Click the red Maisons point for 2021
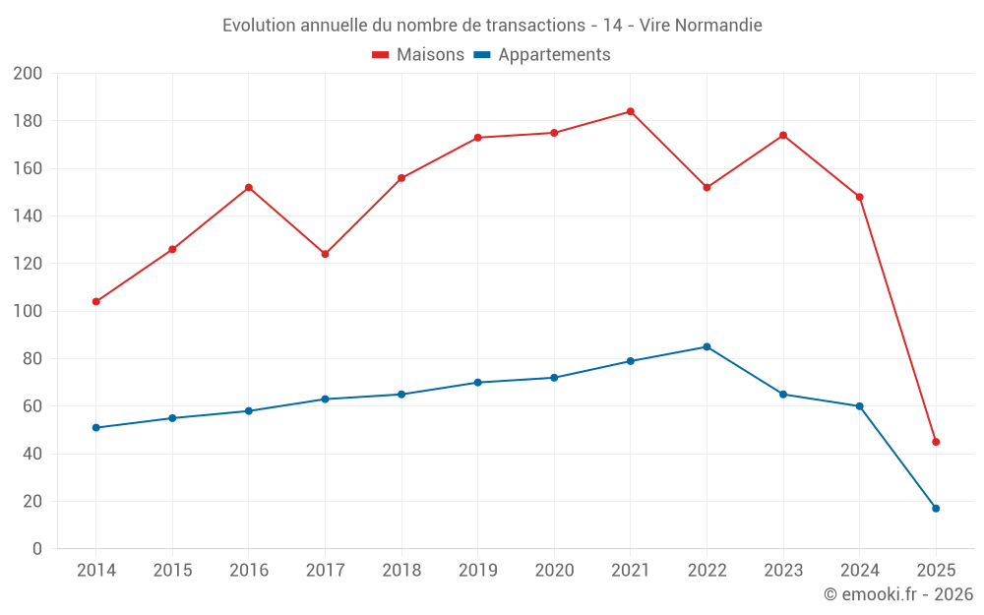pyautogui.click(x=631, y=111)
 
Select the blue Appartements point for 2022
pyautogui.click(x=707, y=346)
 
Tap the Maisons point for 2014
pyautogui.click(x=95, y=301)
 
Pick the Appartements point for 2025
pyautogui.click(x=936, y=508)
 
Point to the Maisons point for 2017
pyautogui.click(x=325, y=254)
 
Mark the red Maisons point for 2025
pyautogui.click(x=936, y=442)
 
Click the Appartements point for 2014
pyautogui.click(x=95, y=427)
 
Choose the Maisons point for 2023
pyautogui.click(x=783, y=135)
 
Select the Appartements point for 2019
pyautogui.click(x=477, y=382)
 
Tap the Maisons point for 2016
pyautogui.click(x=249, y=187)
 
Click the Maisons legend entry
pyautogui.click(x=418, y=55)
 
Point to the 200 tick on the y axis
pyautogui.click(x=28, y=74)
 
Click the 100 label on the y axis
pyautogui.click(x=28, y=311)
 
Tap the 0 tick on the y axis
pyautogui.click(x=36, y=549)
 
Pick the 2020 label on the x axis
pyautogui.click(x=554, y=571)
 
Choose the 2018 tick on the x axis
pyautogui.click(x=401, y=571)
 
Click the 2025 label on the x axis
pyautogui.click(x=936, y=571)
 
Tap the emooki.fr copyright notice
pyautogui.click(x=898, y=594)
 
